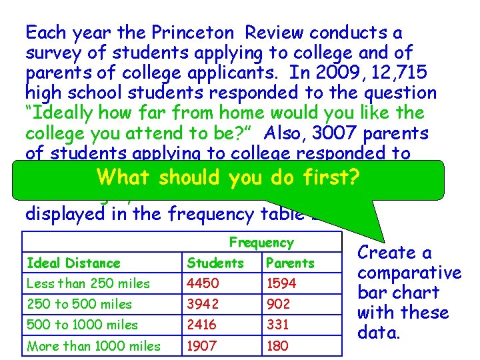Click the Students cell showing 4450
(x=203, y=283)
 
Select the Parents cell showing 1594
(x=280, y=283)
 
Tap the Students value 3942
(x=203, y=304)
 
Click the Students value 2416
(x=203, y=325)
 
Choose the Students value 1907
(x=202, y=345)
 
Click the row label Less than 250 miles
(x=88, y=283)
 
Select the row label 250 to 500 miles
(x=79, y=304)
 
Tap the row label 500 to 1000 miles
(x=82, y=325)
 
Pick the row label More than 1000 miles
(x=93, y=345)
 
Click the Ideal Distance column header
(x=73, y=263)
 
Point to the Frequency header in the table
(x=261, y=243)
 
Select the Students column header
(x=215, y=263)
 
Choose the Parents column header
(x=289, y=263)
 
